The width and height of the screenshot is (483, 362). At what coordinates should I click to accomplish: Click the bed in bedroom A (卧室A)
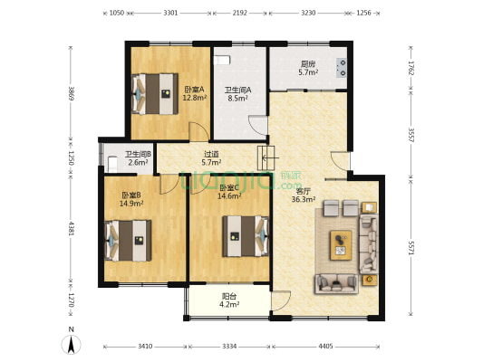click(155, 94)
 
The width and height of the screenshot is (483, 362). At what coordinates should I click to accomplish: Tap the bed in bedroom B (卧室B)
click(128, 241)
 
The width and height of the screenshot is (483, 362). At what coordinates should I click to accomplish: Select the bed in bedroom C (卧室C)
click(246, 236)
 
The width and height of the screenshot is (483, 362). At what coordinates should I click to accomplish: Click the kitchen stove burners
click(342, 68)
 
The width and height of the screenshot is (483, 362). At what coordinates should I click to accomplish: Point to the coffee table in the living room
click(341, 245)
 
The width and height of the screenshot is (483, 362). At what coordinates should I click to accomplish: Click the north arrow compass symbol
click(72, 344)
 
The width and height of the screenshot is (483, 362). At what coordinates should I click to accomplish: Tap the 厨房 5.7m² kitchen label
click(308, 68)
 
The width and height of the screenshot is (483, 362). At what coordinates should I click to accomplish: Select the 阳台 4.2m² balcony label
click(229, 300)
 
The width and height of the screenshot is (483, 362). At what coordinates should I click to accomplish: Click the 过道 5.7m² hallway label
click(211, 158)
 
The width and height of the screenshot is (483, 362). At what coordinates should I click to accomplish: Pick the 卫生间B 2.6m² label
click(139, 158)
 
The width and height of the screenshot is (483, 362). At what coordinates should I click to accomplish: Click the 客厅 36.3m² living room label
click(303, 195)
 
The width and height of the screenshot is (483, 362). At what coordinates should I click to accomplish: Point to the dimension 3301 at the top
click(170, 13)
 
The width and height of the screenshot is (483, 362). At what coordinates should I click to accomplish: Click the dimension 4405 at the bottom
click(325, 347)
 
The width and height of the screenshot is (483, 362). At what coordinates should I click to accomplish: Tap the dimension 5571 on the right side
click(411, 248)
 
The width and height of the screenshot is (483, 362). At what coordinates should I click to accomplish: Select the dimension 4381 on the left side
click(72, 229)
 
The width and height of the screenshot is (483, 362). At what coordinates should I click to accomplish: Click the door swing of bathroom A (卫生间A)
click(258, 125)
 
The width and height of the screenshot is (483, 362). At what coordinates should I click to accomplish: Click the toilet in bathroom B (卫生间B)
click(112, 165)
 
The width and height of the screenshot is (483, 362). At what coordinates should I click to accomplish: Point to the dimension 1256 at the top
click(363, 13)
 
